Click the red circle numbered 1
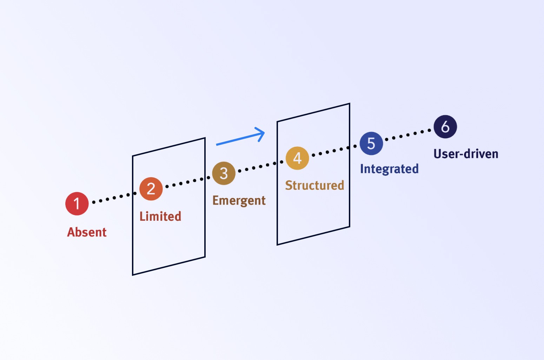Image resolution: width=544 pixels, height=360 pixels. (x=77, y=204)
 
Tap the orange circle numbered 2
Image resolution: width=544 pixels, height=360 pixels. (x=151, y=189)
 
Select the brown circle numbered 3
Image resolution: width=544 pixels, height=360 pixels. (x=224, y=173)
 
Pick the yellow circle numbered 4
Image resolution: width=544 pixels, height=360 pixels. (x=297, y=158)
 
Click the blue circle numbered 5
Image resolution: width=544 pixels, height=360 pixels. (x=371, y=144)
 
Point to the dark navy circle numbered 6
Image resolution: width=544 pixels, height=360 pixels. (x=445, y=127)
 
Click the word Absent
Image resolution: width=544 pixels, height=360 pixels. (x=87, y=232)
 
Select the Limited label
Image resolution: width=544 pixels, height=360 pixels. (x=160, y=216)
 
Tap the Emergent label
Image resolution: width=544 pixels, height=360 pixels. (x=239, y=200)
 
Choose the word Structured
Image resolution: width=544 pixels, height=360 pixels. (x=314, y=185)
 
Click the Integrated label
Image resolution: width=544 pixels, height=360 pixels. (x=389, y=169)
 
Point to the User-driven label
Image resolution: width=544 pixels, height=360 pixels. (x=466, y=154)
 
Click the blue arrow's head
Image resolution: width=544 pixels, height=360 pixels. (x=262, y=133)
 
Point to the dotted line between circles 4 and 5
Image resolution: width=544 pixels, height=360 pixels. (x=334, y=151)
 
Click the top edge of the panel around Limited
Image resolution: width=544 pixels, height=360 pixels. (x=169, y=147)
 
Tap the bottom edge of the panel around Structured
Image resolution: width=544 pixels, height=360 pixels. (x=313, y=236)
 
